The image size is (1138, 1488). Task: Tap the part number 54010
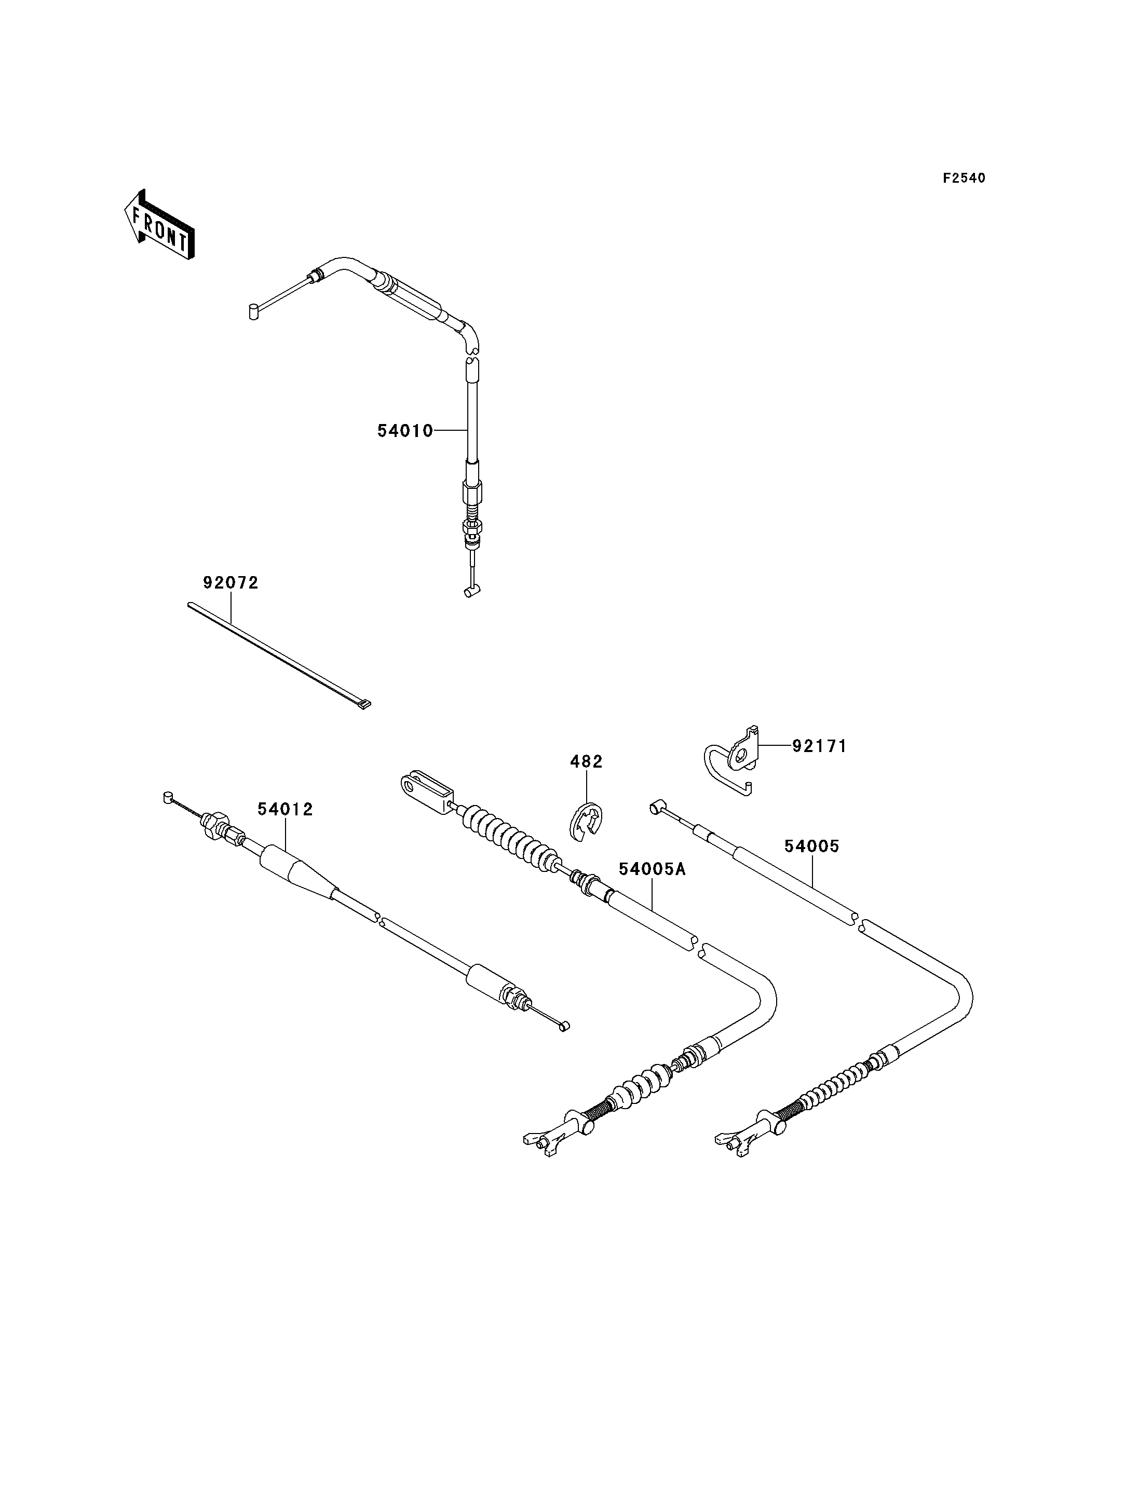pos(405,431)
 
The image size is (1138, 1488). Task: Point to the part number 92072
pos(231,582)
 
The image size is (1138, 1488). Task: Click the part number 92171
pos(820,746)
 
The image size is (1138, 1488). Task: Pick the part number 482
pos(586,762)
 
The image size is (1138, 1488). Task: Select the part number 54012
pos(285,809)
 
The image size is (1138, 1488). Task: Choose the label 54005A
pos(652,869)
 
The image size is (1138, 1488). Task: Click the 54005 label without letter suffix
pos(812,846)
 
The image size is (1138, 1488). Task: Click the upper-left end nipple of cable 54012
pos(169,797)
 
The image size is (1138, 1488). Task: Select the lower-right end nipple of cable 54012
pos(564,1045)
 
